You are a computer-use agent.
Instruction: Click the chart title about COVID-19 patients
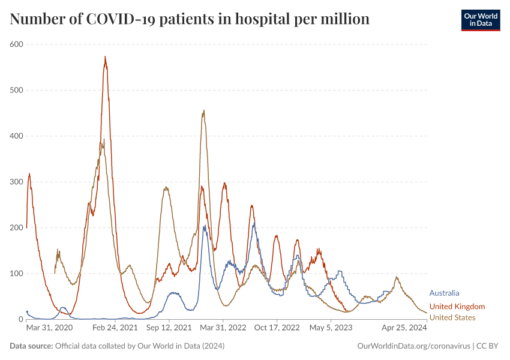[x=190, y=19]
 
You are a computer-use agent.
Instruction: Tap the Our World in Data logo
[x=480, y=20]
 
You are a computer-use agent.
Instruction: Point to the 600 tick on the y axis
[x=16, y=44]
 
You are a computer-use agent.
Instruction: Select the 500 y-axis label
[x=16, y=90]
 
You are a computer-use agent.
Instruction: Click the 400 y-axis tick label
[x=16, y=136]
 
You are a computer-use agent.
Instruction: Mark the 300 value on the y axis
[x=16, y=182]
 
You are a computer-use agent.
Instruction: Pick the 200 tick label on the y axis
[x=16, y=228]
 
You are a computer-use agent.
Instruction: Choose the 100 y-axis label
[x=16, y=274]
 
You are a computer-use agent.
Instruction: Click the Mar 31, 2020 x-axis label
[x=49, y=328]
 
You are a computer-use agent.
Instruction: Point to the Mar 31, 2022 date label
[x=223, y=328]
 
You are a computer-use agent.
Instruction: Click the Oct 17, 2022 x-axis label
[x=277, y=328]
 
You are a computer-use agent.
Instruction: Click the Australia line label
[x=445, y=293]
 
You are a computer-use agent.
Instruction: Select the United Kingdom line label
[x=457, y=307]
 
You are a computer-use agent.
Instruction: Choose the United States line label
[x=452, y=317]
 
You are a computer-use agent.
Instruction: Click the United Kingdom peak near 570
[x=105, y=57]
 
